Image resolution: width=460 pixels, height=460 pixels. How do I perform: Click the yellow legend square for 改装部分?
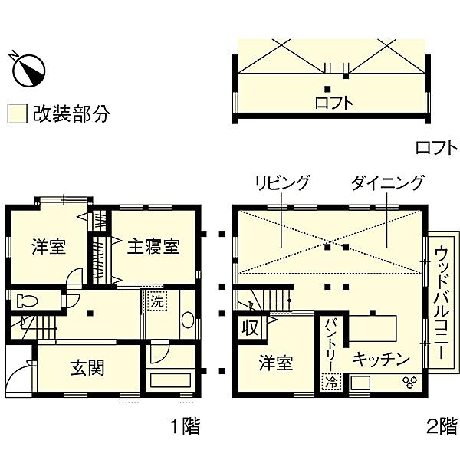coord(18,113)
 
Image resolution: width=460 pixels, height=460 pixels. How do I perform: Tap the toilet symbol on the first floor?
coord(28,301)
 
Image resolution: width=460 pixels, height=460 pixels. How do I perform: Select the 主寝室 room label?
coord(153,247)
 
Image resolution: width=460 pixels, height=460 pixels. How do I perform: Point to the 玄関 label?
coord(87,368)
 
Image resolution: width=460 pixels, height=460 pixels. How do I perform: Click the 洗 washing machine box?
coord(157,301)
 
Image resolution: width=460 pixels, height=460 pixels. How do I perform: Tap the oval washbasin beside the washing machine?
coord(188,320)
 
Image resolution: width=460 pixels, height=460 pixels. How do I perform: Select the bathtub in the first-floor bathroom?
coord(170,380)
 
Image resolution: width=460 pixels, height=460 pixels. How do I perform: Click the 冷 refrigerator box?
coord(332,382)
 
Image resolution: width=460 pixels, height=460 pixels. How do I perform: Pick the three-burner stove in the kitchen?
coord(410,383)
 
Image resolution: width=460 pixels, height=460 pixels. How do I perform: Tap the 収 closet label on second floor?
coord(251,327)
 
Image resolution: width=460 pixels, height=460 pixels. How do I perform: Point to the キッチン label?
coord(381,358)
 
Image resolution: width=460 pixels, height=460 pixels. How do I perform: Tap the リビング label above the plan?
coord(282,182)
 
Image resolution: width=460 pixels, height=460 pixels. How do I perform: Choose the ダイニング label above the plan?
coord(388,182)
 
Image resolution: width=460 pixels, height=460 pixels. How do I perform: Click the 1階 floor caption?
coord(186,426)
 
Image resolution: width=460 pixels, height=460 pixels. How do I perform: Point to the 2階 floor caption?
coord(442,426)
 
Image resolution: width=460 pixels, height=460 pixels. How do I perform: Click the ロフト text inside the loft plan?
coord(333,103)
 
